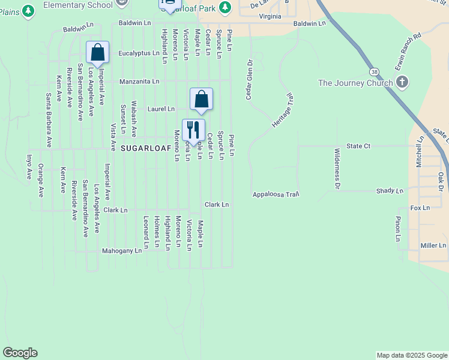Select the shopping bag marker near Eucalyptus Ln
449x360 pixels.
click(x=97, y=52)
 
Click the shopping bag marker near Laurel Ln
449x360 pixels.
click(x=201, y=100)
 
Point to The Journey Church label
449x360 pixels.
click(x=355, y=83)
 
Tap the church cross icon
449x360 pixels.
click(x=402, y=82)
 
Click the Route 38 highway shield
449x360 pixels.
click(x=375, y=71)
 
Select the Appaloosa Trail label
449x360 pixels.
click(x=276, y=194)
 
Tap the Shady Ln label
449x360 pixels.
click(x=390, y=191)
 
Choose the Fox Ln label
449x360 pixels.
click(x=420, y=208)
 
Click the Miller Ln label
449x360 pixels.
click(x=433, y=245)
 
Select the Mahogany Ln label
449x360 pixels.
click(x=122, y=251)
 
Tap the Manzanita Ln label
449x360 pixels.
click(x=139, y=81)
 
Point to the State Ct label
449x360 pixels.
click(x=358, y=146)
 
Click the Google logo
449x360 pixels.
click(x=20, y=353)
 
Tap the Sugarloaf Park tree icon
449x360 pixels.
click(x=225, y=7)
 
